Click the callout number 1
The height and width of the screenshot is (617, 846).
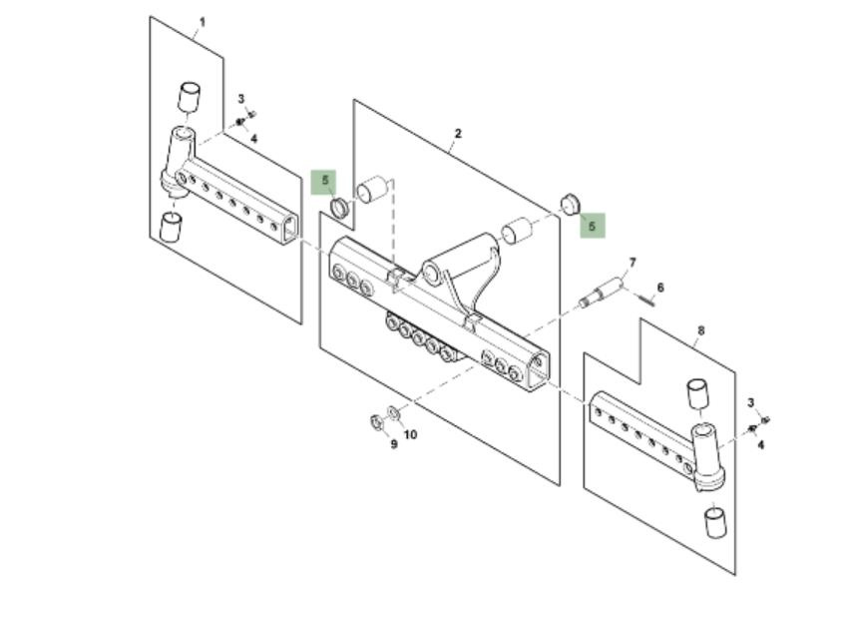(203, 21)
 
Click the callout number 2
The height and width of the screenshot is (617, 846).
(458, 134)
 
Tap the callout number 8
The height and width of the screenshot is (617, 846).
(701, 330)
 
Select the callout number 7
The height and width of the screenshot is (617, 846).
(632, 264)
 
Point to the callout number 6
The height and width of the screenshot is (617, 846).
(660, 288)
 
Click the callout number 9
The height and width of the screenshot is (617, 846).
(394, 444)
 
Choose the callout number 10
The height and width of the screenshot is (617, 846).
(411, 435)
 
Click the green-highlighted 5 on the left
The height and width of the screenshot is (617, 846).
(324, 182)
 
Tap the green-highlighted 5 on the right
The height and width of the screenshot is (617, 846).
(592, 227)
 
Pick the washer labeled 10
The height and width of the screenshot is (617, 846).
(394, 412)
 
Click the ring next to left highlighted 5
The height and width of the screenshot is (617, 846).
(338, 208)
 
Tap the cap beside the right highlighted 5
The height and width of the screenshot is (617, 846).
(571, 204)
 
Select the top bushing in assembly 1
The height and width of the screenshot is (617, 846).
(189, 97)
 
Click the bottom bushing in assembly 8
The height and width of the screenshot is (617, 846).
(714, 522)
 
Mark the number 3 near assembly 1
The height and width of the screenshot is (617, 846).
(240, 99)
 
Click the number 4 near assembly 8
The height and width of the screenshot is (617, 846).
(760, 445)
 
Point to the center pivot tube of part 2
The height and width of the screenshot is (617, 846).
(458, 258)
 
